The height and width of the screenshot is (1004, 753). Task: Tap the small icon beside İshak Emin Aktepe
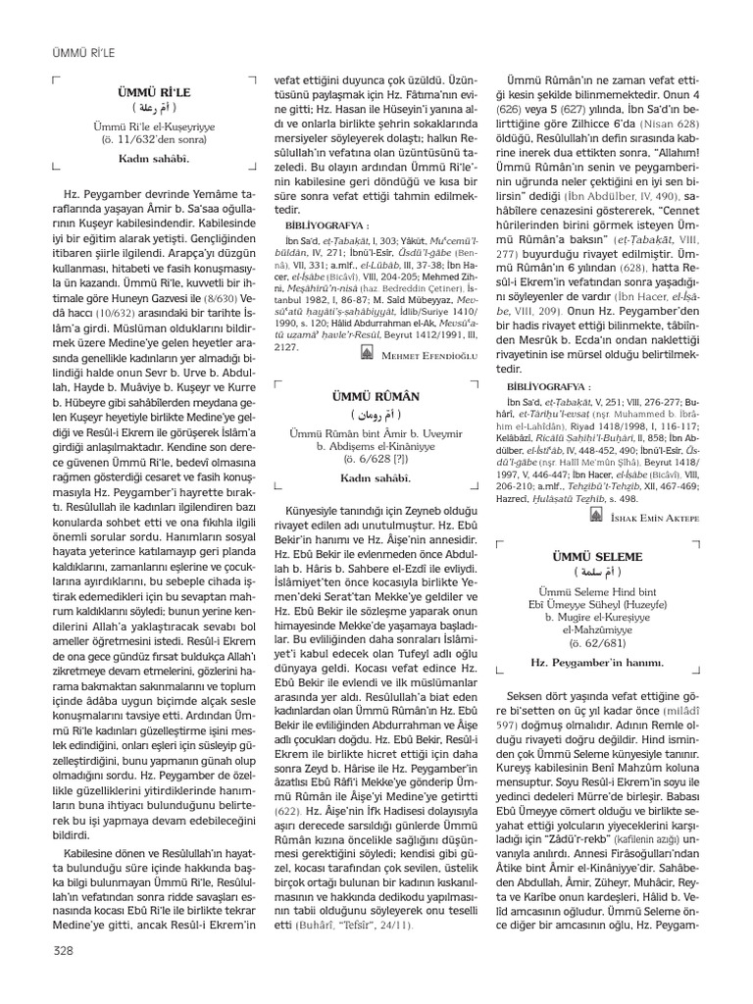(x=594, y=516)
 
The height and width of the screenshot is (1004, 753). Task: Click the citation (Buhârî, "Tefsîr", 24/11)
(x=333, y=925)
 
